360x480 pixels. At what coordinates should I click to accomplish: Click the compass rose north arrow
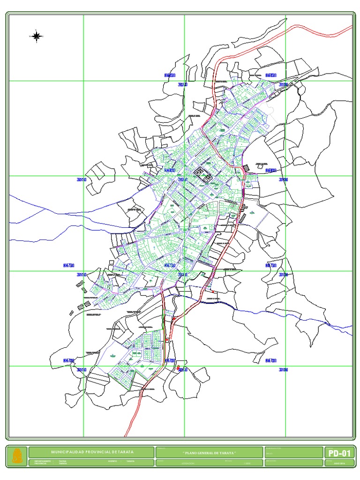click(x=37, y=35)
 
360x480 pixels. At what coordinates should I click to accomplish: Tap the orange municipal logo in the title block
click(x=17, y=455)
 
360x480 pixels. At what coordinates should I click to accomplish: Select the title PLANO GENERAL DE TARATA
click(x=209, y=452)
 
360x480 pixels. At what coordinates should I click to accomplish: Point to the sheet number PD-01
click(x=339, y=453)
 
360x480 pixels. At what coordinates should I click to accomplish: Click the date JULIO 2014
click(x=338, y=464)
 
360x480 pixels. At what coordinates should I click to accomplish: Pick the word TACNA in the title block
click(x=62, y=461)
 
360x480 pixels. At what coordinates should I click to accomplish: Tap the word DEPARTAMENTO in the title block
click(x=39, y=461)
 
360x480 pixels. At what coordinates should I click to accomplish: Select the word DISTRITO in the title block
click(x=112, y=461)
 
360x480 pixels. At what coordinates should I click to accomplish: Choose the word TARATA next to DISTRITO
click(x=130, y=461)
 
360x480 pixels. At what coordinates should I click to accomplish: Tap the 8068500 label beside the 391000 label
click(x=271, y=75)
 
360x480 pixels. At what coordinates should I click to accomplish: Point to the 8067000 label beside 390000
click(x=69, y=360)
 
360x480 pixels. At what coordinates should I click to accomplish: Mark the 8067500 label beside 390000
click(x=69, y=265)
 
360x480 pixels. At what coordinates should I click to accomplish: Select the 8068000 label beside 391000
click(x=271, y=171)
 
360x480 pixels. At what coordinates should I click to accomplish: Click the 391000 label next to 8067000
click(x=284, y=370)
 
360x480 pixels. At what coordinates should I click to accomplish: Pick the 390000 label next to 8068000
click(x=82, y=180)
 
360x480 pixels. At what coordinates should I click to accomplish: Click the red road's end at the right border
click(x=352, y=27)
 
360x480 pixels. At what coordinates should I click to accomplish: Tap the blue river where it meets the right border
click(x=352, y=327)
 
